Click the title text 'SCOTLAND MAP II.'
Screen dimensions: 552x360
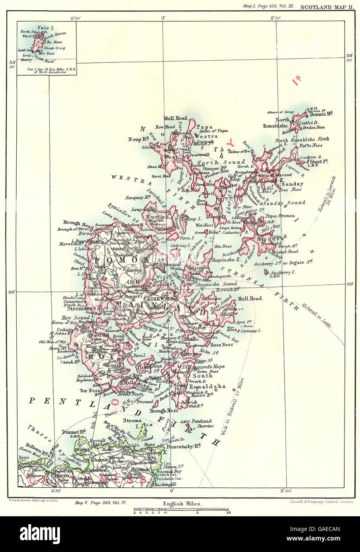pos(326,7)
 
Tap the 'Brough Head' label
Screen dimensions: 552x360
pos(77,223)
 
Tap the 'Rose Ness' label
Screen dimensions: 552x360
pos(221,345)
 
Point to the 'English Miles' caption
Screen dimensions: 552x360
pos(183,504)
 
